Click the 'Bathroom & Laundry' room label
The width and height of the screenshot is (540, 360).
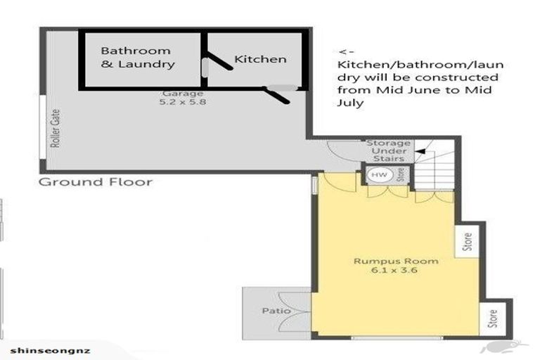[x=136, y=58]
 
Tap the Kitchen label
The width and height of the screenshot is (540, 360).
[x=260, y=59]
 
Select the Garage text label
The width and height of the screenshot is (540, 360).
[x=183, y=93]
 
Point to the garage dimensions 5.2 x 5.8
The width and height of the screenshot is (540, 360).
[x=183, y=102]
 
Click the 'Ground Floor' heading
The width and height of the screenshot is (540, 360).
[x=95, y=182]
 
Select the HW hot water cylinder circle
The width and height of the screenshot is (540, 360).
[x=378, y=174]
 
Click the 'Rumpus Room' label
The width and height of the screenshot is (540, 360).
[x=396, y=262]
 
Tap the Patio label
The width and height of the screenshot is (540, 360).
[x=271, y=309]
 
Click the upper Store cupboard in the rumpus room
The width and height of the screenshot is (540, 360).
[x=466, y=242]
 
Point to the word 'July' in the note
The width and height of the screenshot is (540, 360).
[x=349, y=103]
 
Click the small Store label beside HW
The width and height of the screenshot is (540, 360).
[x=400, y=174]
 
